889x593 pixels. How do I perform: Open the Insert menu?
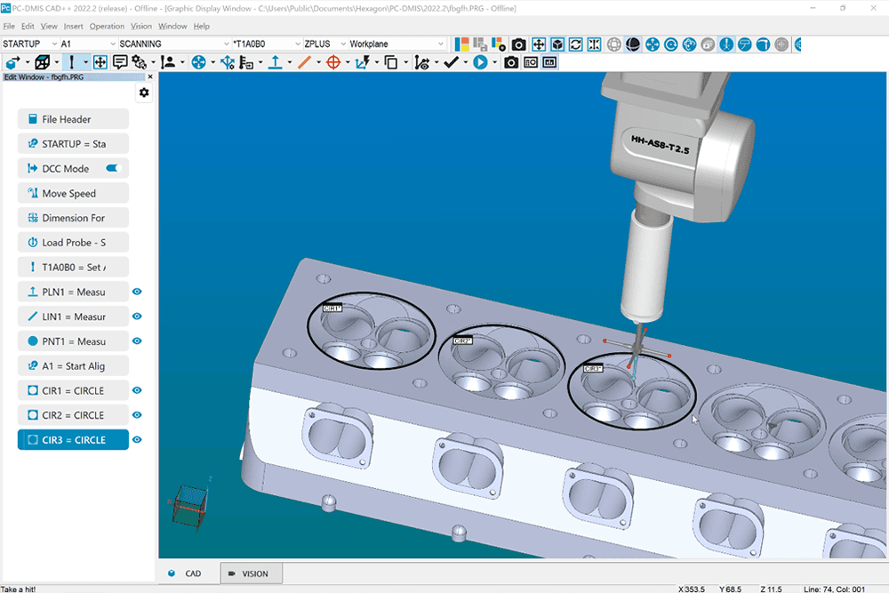tap(74, 27)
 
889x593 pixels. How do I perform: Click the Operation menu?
tap(107, 27)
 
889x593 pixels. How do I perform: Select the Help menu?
tap(201, 27)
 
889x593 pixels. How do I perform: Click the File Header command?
tap(73, 119)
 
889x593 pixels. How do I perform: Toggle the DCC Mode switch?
tap(113, 168)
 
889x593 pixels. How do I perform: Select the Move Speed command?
tap(73, 193)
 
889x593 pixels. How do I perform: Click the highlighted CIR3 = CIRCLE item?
tap(73, 440)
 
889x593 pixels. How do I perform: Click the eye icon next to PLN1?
tap(138, 292)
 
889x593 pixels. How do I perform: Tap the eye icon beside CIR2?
tap(138, 415)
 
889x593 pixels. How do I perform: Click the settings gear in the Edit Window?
tap(144, 92)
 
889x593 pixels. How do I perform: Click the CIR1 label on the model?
tap(332, 308)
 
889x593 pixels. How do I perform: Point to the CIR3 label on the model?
tap(593, 367)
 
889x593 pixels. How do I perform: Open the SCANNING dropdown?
tap(172, 44)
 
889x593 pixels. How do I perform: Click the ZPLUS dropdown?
tap(320, 44)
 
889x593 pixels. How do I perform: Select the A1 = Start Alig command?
tap(73, 365)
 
